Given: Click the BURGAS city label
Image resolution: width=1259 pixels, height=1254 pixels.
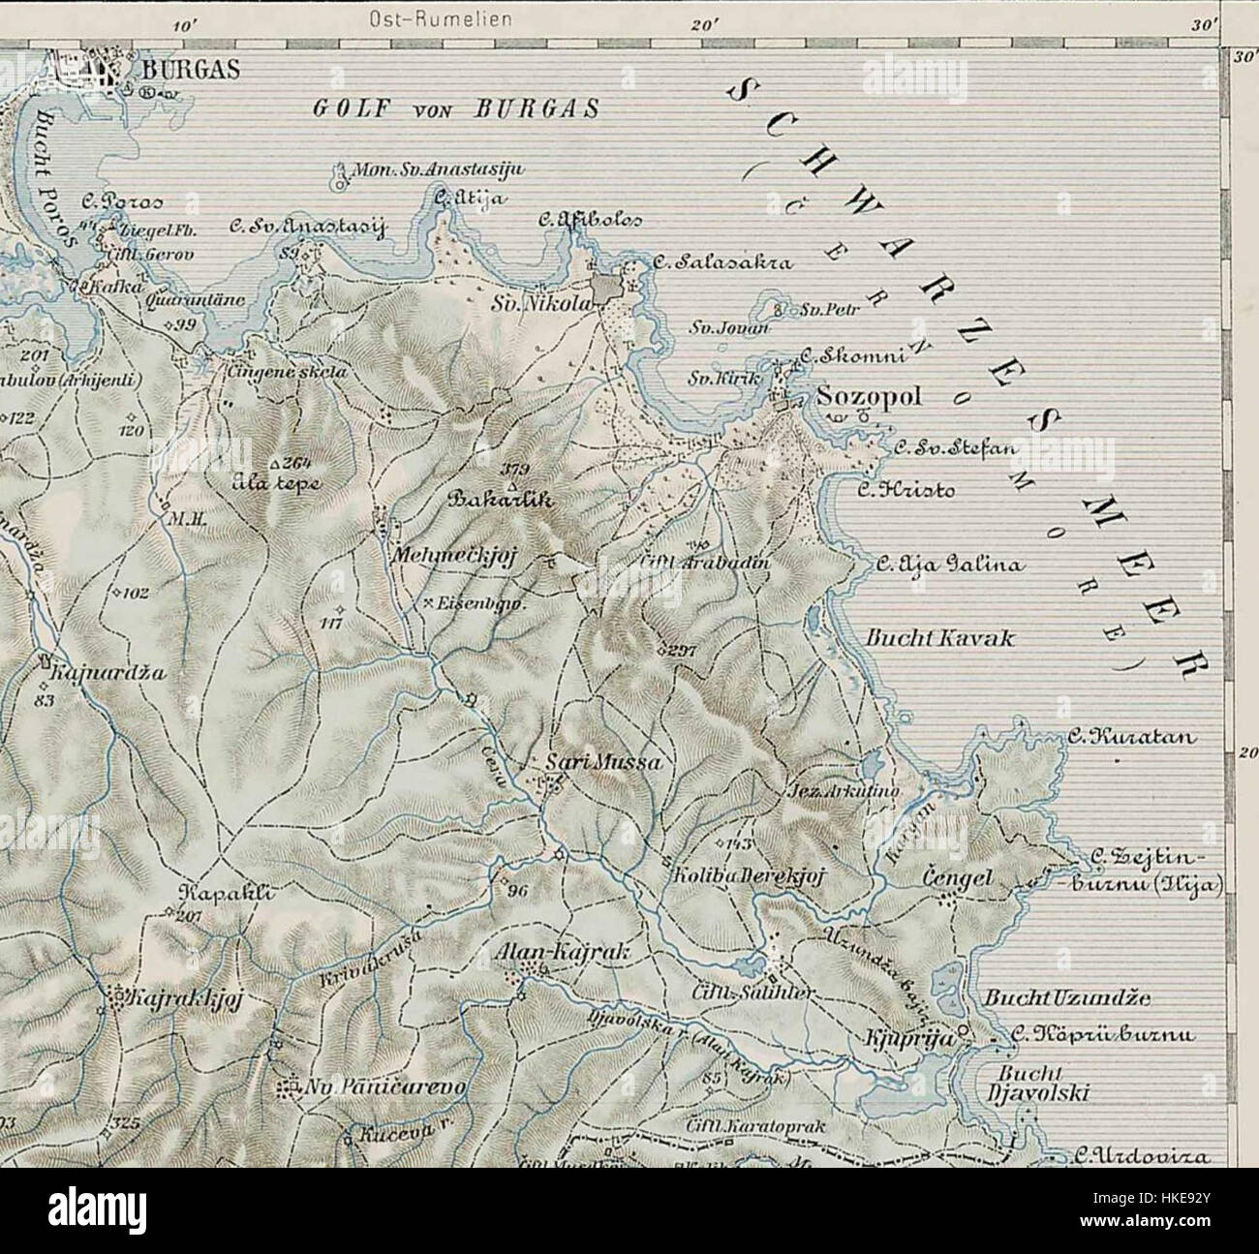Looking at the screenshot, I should point(181,71).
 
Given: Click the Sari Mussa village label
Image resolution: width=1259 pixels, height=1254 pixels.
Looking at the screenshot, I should point(603,763).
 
